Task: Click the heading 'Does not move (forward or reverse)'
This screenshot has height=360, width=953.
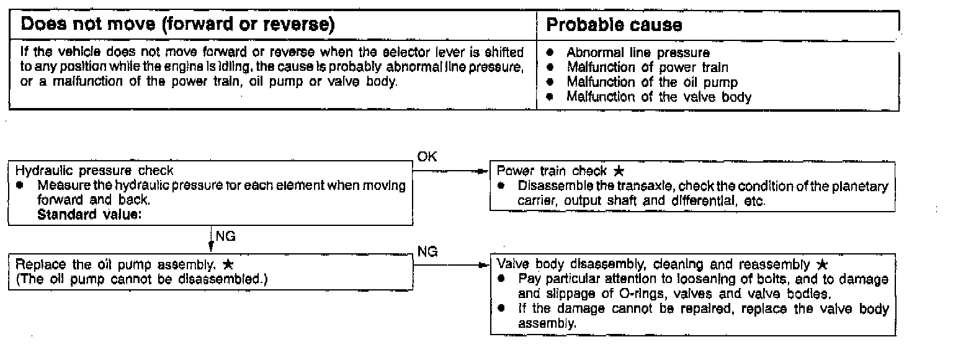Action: click(x=177, y=26)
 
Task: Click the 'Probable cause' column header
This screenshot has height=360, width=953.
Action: click(x=614, y=26)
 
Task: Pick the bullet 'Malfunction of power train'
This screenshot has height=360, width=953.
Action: click(x=647, y=67)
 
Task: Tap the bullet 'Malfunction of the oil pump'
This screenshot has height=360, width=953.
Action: click(x=651, y=82)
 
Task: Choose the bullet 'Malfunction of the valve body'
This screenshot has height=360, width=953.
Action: click(x=658, y=96)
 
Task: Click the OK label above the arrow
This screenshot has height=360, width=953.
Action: click(x=427, y=157)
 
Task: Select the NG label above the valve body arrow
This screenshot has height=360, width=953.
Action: click(x=427, y=252)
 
